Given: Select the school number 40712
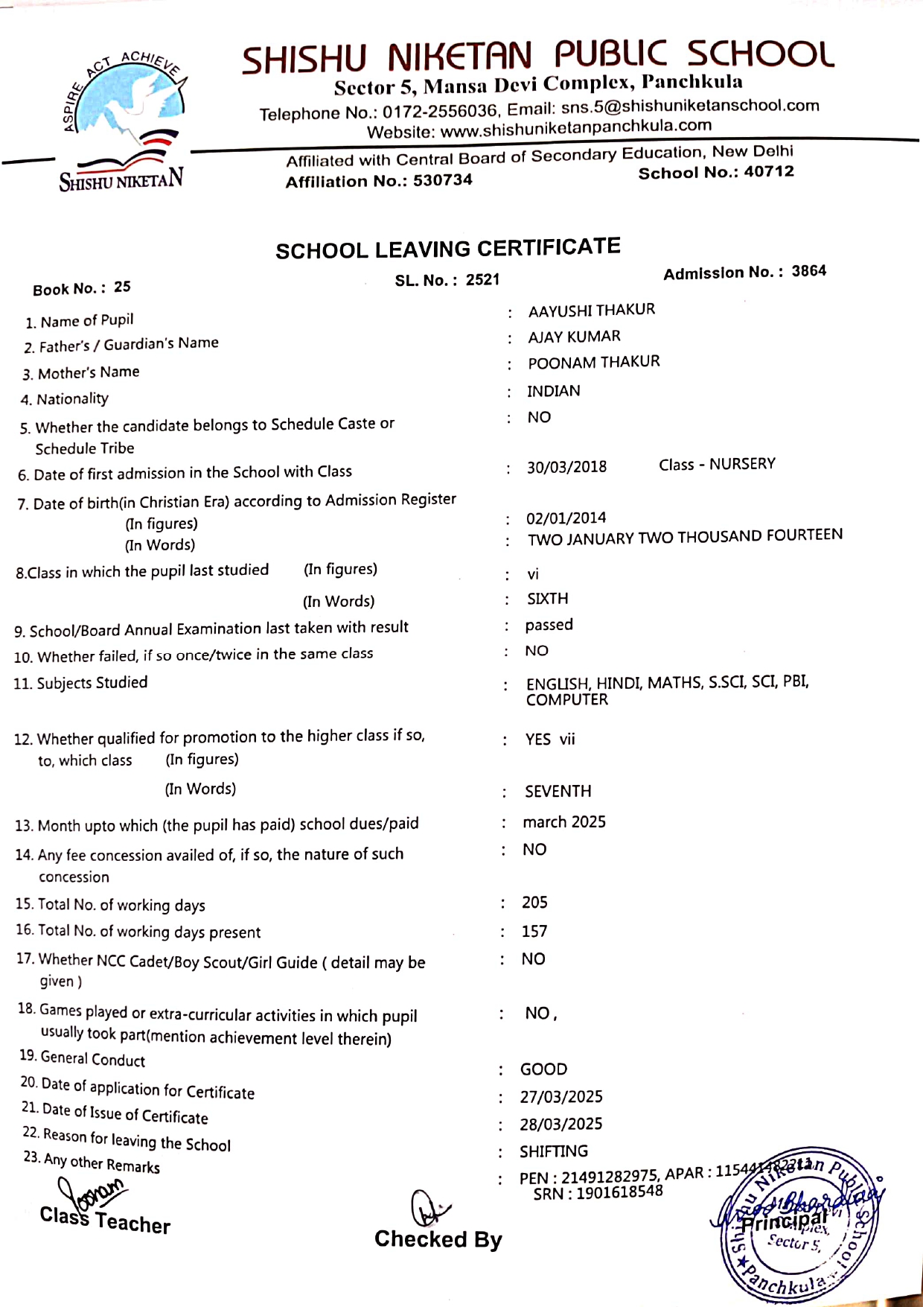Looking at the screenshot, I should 769,172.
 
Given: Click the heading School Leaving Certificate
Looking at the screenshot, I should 448,249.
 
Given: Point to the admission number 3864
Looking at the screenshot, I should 808,271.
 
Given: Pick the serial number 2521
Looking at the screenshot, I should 482,280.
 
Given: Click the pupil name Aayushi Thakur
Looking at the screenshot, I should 592,310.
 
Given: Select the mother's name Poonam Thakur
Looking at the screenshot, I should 594,363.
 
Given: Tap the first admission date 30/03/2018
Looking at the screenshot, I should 566,467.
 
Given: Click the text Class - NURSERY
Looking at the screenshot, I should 717,464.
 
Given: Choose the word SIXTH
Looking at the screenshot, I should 547,599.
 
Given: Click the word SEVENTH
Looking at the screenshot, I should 558,791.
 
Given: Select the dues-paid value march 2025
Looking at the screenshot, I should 564,821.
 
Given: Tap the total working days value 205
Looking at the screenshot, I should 534,903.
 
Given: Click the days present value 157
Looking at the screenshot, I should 534,931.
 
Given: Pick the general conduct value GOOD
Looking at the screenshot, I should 543,1069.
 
